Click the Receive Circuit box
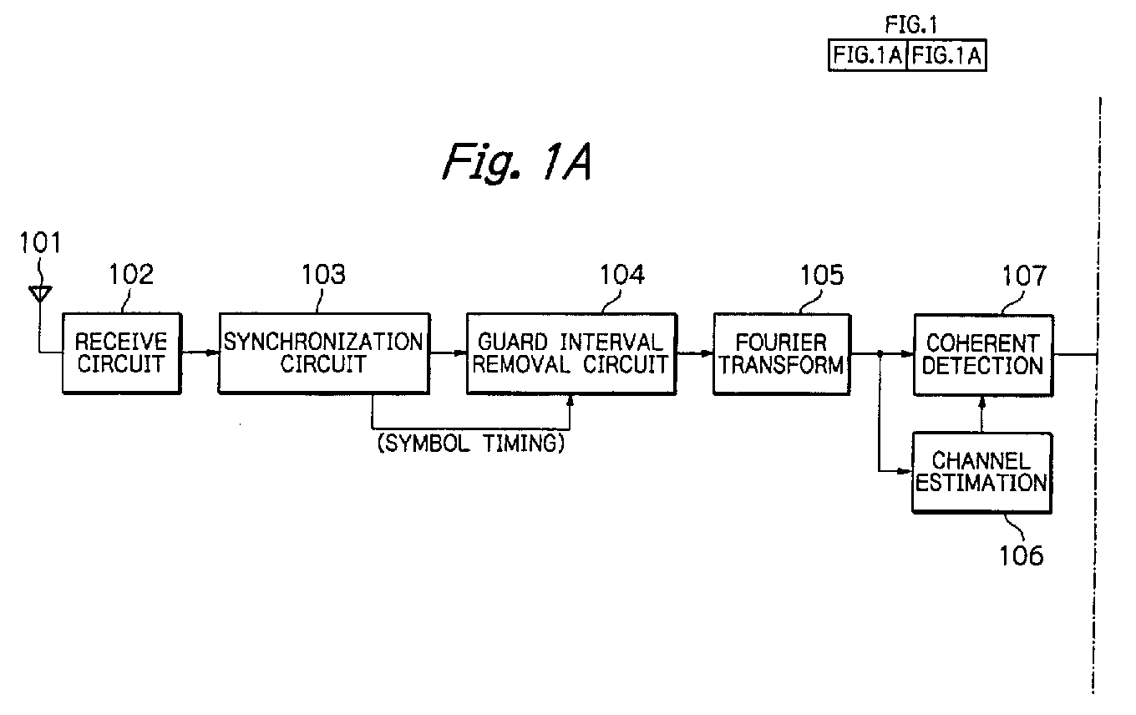coord(122,353)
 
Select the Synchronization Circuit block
coord(324,353)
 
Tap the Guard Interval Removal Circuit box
coord(571,354)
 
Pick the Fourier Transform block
coord(782,354)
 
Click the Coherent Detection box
coord(983,355)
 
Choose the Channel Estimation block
coord(981,473)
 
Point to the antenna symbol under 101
coord(39,294)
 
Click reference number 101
coord(40,242)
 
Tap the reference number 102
coord(131,274)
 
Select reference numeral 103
coord(323,274)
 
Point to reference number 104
coord(622,275)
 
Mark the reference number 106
coord(1022,555)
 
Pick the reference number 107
coord(1024,276)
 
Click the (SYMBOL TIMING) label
coord(471,444)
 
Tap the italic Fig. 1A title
coord(517,162)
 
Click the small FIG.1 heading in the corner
coord(911,24)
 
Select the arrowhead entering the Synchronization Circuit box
coord(212,352)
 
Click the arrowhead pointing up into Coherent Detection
coord(981,403)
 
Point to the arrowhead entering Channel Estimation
coord(905,471)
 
